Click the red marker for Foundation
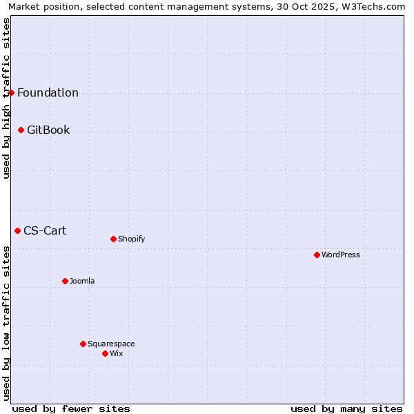(11, 92)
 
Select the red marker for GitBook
(21, 130)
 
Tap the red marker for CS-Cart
(17, 230)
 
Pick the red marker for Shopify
(113, 239)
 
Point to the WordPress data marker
(317, 255)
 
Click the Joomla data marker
(65, 281)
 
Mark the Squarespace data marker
(83, 344)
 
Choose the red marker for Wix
(105, 353)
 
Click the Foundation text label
(48, 93)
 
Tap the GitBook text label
(48, 130)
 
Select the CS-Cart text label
(45, 230)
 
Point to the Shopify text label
(131, 239)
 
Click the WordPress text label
(341, 255)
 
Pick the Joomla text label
(82, 282)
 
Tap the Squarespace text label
(111, 344)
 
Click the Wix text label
(116, 354)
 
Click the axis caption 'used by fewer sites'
(71, 408)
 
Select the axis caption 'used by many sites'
(346, 408)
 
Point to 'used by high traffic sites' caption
(6, 98)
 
